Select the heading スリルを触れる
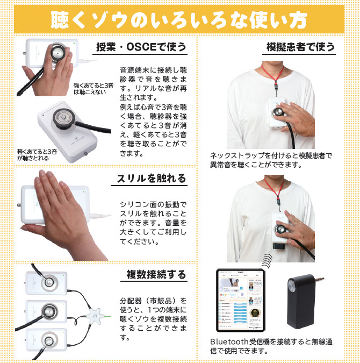(x=152, y=179)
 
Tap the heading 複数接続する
(x=152, y=274)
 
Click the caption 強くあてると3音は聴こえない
(x=93, y=88)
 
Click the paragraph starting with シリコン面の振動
(x=153, y=223)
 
